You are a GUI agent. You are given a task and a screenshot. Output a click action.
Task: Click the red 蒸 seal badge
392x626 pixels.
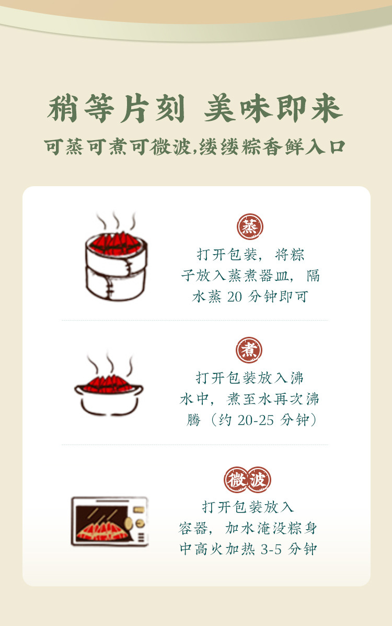pyautogui.click(x=250, y=226)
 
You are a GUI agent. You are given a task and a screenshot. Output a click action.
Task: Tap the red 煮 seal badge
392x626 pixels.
pyautogui.click(x=249, y=350)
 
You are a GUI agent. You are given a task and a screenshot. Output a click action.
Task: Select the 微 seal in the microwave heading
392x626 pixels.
pyautogui.click(x=237, y=480)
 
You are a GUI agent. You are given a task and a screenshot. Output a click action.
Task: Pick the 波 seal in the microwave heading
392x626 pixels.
pyautogui.click(x=258, y=480)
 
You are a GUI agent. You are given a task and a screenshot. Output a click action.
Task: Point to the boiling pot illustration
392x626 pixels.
pyautogui.click(x=109, y=394)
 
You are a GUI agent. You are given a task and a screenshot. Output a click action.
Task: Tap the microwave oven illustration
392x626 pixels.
pyautogui.click(x=109, y=521)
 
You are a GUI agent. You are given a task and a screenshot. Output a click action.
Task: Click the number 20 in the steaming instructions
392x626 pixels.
pyautogui.click(x=235, y=297)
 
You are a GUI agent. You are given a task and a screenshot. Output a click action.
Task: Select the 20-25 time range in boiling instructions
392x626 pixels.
pyautogui.click(x=256, y=420)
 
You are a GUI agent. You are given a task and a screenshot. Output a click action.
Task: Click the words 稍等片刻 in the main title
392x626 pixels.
pyautogui.click(x=116, y=109)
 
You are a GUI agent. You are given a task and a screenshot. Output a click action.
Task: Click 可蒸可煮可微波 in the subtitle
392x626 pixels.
pyautogui.click(x=118, y=147)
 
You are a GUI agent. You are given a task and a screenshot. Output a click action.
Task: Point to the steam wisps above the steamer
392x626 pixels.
pyautogui.click(x=116, y=221)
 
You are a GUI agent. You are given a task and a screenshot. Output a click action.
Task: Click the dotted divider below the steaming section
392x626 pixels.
pyautogui.click(x=195, y=320)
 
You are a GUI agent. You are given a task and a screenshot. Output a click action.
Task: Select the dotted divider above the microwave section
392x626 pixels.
pyautogui.click(x=195, y=445)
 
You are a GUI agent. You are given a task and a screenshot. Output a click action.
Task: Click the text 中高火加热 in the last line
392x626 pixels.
pyautogui.click(x=217, y=549)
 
